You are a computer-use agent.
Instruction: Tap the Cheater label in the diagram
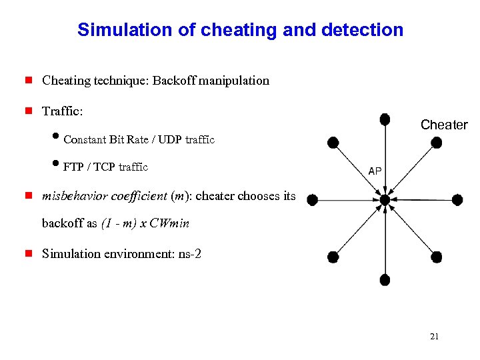(x=444, y=125)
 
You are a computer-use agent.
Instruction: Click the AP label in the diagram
(x=375, y=171)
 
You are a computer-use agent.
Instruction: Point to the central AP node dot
(x=385, y=199)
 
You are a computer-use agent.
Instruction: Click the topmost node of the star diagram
(x=385, y=119)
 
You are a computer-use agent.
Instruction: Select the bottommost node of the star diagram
(x=385, y=279)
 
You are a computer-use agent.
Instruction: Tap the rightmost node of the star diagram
(x=457, y=199)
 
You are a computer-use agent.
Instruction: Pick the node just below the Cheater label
(x=436, y=142)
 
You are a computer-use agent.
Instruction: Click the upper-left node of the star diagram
(x=333, y=142)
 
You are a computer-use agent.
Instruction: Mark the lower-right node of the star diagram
(x=436, y=256)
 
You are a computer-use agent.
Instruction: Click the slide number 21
(x=434, y=337)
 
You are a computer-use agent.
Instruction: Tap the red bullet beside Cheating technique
(x=29, y=81)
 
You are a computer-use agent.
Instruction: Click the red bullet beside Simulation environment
(x=29, y=254)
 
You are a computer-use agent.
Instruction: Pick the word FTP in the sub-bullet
(x=73, y=167)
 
